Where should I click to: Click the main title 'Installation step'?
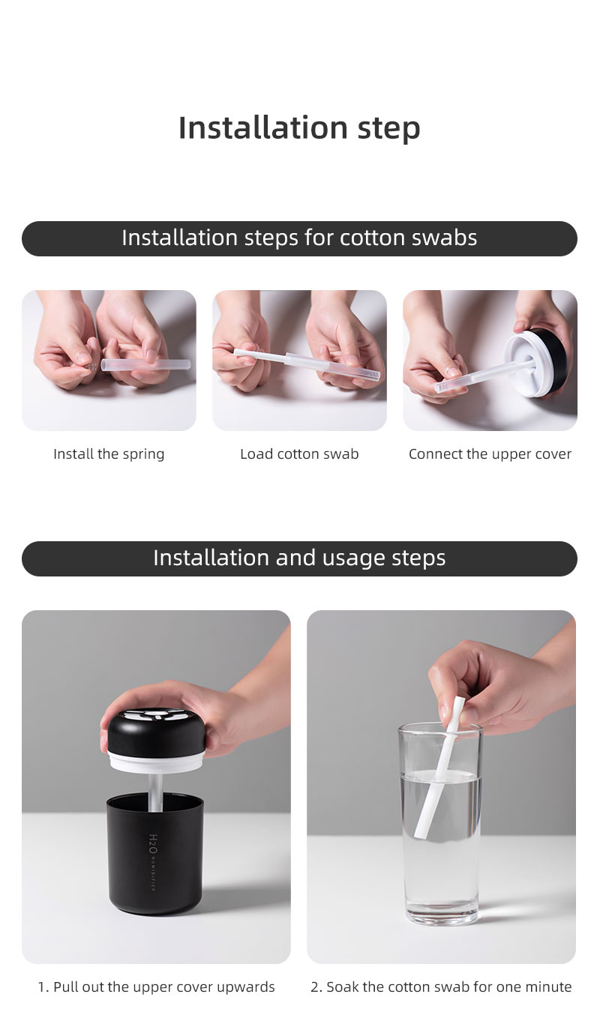pyautogui.click(x=299, y=127)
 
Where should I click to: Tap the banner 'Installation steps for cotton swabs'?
pyautogui.click(x=299, y=238)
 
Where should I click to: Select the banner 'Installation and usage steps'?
pyautogui.click(x=299, y=558)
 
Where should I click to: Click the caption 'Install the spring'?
pyautogui.click(x=109, y=454)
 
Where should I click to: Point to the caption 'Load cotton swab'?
pyautogui.click(x=299, y=454)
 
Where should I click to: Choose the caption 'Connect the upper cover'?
pyautogui.click(x=490, y=454)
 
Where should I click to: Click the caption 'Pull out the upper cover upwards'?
pyautogui.click(x=156, y=987)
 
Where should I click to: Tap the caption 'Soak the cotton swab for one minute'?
pyautogui.click(x=441, y=987)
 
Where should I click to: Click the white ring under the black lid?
pyautogui.click(x=155, y=760)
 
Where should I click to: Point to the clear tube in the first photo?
pyautogui.click(x=145, y=365)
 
